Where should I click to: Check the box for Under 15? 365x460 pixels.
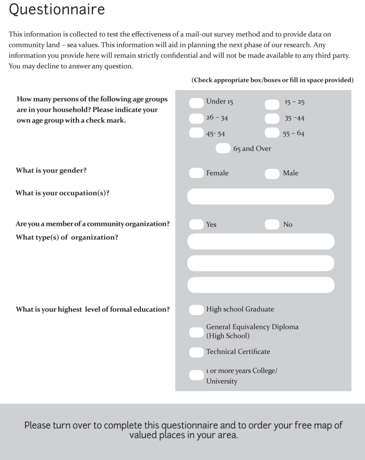click(196, 103)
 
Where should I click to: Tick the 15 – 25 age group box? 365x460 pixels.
click(272, 105)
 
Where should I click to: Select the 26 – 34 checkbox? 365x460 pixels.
click(196, 119)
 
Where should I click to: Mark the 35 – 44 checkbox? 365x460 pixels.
click(272, 119)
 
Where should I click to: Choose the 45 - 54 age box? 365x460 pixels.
click(196, 133)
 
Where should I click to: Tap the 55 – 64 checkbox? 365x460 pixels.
click(272, 133)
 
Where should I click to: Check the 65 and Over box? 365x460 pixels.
click(223, 149)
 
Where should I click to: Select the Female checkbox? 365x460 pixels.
click(196, 173)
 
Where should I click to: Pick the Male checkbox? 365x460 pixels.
click(272, 173)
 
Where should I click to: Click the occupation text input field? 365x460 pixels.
click(260, 196)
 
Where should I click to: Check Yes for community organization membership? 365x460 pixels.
click(196, 224)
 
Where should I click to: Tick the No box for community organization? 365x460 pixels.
click(272, 224)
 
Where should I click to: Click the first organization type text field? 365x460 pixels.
click(260, 241)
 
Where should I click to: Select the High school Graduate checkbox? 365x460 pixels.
click(196, 310)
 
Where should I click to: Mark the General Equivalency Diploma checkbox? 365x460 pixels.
click(196, 332)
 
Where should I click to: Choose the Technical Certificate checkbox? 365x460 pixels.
click(196, 352)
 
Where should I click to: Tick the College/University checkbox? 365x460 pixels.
click(196, 375)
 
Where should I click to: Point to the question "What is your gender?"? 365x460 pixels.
click(51, 171)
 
